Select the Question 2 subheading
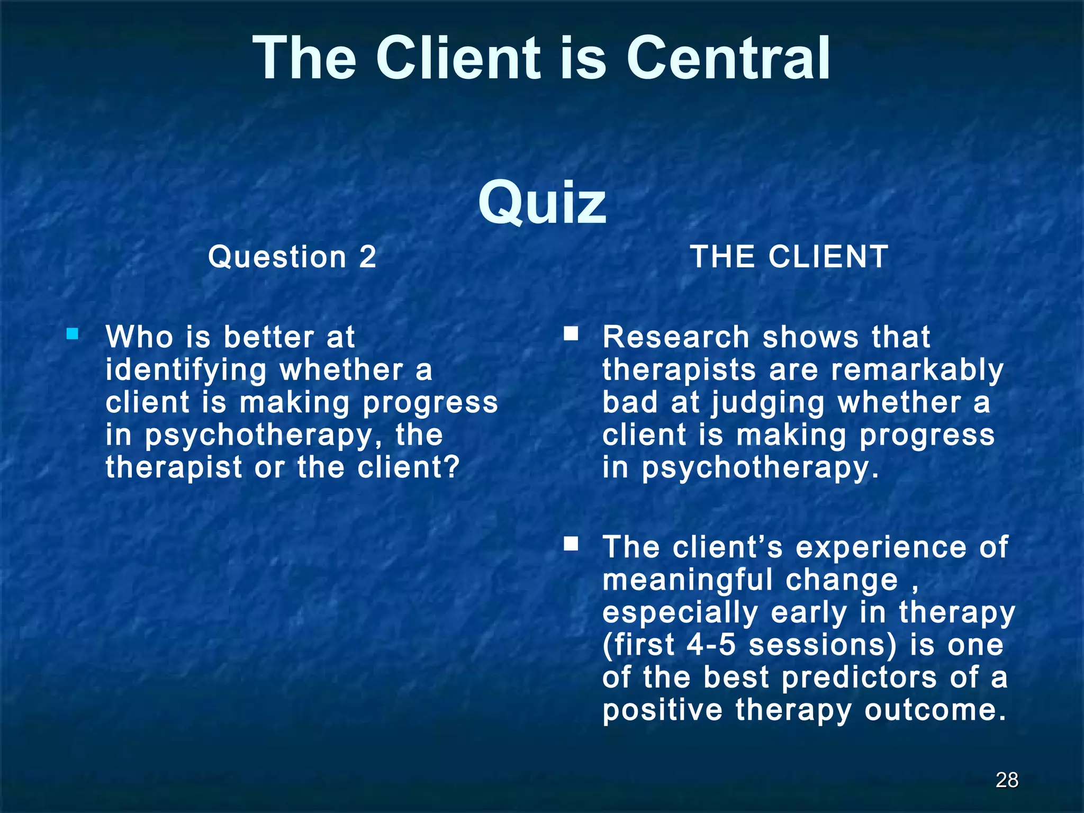point(292,257)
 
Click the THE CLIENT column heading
point(789,257)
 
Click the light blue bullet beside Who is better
point(73,334)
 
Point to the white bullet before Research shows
point(571,334)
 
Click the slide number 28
point(1006,780)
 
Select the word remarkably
point(917,369)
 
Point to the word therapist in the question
point(173,468)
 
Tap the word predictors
point(859,677)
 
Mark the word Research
point(676,337)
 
